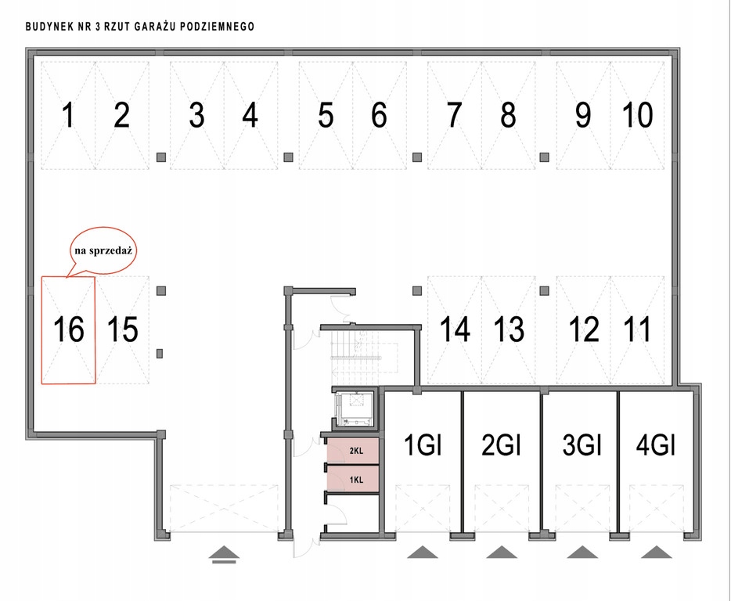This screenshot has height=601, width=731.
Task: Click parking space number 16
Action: point(68,329)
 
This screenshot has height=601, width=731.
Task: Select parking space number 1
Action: point(68,116)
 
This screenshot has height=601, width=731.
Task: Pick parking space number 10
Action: point(637,116)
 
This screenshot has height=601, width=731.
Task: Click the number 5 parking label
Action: point(326,116)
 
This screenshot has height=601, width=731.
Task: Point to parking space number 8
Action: point(508,116)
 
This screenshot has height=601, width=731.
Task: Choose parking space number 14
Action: point(455,329)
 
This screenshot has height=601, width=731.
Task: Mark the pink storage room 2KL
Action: point(354,451)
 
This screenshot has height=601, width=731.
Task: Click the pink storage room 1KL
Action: point(354,478)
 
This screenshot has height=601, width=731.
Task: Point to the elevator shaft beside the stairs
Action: point(356,408)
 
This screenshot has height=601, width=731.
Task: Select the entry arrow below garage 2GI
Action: point(501,552)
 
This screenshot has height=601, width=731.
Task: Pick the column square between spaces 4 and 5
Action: point(288,157)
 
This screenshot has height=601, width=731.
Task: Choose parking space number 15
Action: point(122,329)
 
